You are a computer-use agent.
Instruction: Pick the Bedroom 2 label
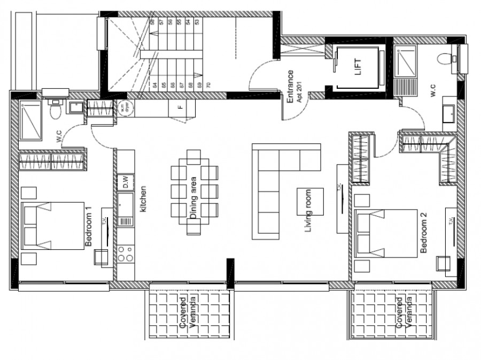423,233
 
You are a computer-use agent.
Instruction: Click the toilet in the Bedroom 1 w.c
53,111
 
